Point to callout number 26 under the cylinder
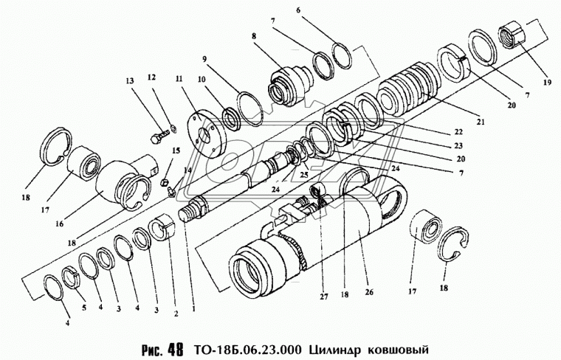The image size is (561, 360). coord(370,291)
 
